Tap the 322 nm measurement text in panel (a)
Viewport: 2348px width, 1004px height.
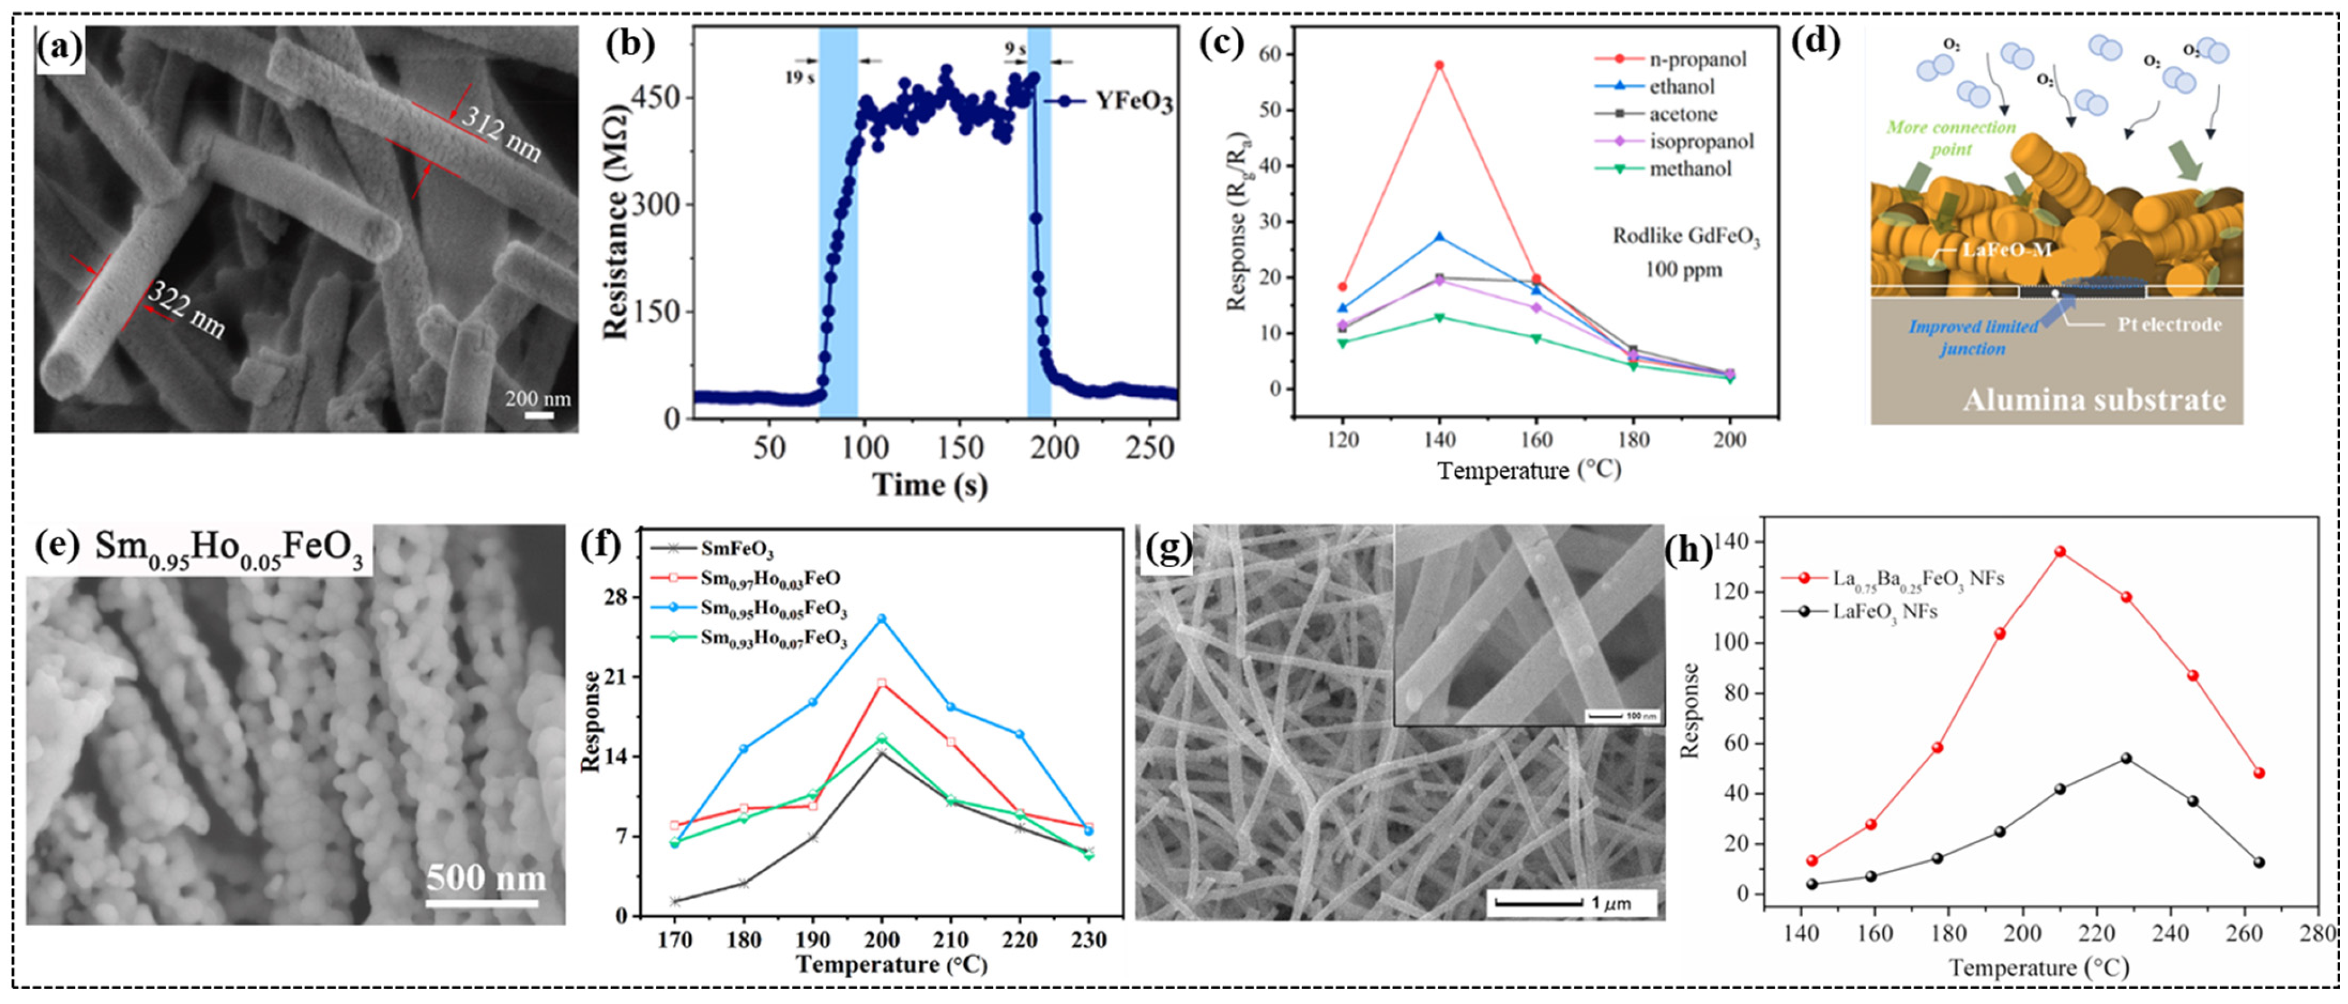coord(187,310)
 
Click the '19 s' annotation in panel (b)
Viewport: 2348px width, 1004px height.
coord(799,77)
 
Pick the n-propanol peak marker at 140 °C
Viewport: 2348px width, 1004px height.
coord(1439,65)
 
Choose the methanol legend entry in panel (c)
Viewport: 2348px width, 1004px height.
coord(1689,169)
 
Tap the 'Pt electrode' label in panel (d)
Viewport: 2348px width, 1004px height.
coord(2170,324)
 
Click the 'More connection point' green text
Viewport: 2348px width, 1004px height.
coord(1951,138)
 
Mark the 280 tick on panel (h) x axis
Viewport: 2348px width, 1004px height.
coord(2318,933)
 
